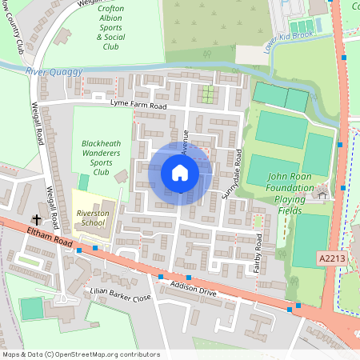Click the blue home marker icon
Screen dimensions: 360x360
tap(180, 172)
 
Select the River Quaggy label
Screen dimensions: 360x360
tap(54, 72)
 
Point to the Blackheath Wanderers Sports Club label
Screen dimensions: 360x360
tap(100, 157)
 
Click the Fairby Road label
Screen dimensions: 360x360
tap(258, 256)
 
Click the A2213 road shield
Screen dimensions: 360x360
tap(330, 258)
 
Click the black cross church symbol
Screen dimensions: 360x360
tap(36, 219)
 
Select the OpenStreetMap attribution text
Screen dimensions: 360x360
tap(80, 354)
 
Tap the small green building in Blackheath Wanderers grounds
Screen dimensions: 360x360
tap(84, 182)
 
